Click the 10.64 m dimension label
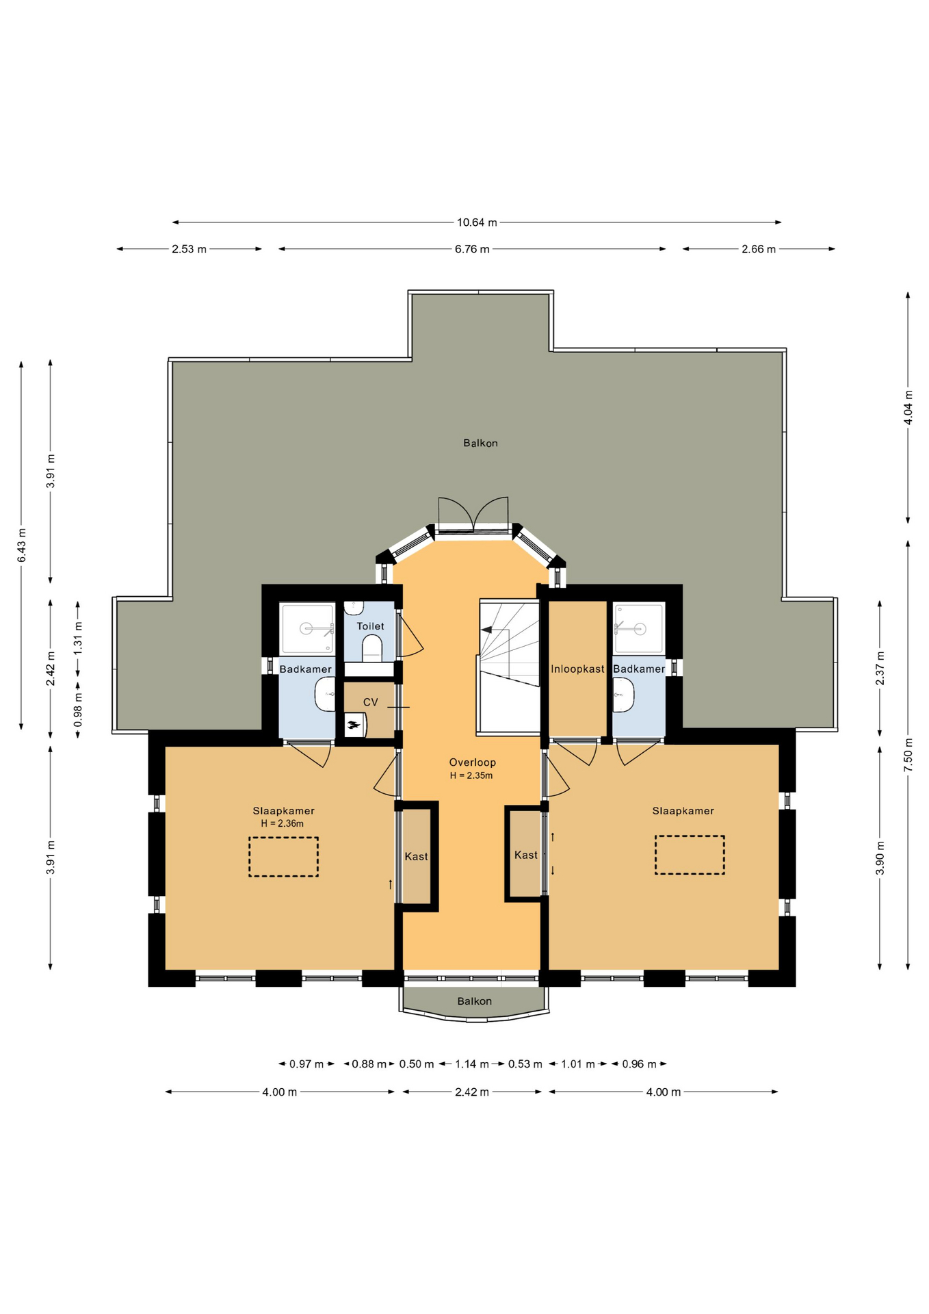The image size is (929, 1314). [x=477, y=222]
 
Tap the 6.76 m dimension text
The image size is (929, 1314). [x=472, y=249]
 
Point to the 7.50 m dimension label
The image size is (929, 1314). [x=908, y=755]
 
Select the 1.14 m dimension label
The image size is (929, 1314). [x=472, y=1064]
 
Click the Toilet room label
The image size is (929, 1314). [x=370, y=626]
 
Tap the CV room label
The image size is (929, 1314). [x=370, y=702]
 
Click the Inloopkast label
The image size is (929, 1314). [x=577, y=669]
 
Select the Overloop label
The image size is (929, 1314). [x=472, y=762]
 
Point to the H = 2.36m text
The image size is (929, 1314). [x=282, y=824]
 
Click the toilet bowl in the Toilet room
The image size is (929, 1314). [x=371, y=647]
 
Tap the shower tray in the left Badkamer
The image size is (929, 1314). [x=307, y=628]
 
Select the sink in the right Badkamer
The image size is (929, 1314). [x=623, y=695]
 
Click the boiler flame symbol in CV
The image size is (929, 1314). [x=353, y=725]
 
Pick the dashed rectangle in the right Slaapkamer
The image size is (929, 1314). [x=690, y=855]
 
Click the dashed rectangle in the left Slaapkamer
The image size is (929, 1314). [x=283, y=857]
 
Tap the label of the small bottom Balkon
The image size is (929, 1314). [x=474, y=1001]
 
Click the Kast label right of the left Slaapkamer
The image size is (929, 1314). [x=416, y=857]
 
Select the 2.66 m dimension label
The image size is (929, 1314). [x=759, y=249]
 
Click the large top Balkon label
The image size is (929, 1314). [x=480, y=443]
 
